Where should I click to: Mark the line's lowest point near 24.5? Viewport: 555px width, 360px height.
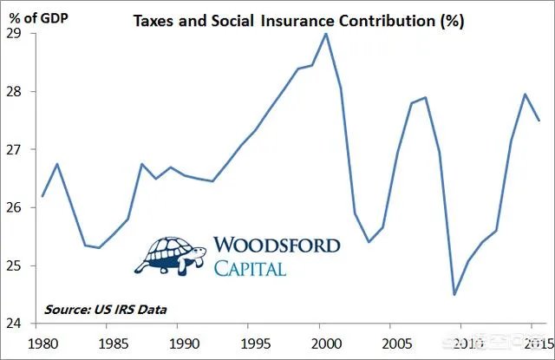pyautogui.click(x=454, y=294)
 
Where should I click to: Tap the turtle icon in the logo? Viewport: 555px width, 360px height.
pyautogui.click(x=170, y=254)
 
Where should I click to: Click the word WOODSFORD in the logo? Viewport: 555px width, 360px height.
pyautogui.click(x=277, y=246)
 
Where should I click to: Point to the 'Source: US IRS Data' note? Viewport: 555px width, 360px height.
pyautogui.click(x=107, y=309)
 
